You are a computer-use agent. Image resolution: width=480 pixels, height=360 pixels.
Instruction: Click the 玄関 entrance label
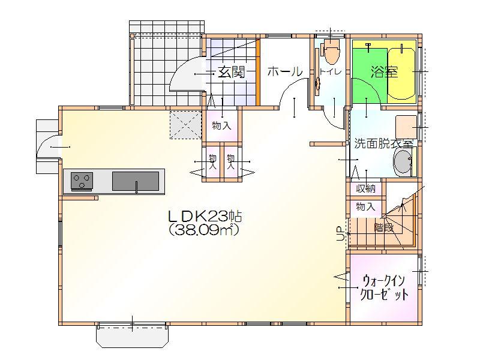point(231,73)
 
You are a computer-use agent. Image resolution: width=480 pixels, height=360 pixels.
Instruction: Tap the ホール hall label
point(284,72)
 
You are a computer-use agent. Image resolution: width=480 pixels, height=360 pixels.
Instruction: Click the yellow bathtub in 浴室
point(401,73)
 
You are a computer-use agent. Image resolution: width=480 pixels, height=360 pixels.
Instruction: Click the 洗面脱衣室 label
point(383,144)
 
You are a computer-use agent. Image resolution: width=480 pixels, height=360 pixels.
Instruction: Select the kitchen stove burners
point(82,180)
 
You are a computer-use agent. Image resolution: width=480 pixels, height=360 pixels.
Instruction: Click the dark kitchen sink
point(136,181)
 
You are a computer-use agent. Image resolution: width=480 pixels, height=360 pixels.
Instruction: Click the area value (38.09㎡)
point(205,229)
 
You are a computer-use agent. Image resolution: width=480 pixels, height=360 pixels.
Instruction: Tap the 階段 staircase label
point(385,227)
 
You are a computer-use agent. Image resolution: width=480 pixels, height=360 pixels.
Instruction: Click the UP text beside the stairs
point(340,234)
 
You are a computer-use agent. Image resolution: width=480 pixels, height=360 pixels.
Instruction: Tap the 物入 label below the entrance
point(221,126)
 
